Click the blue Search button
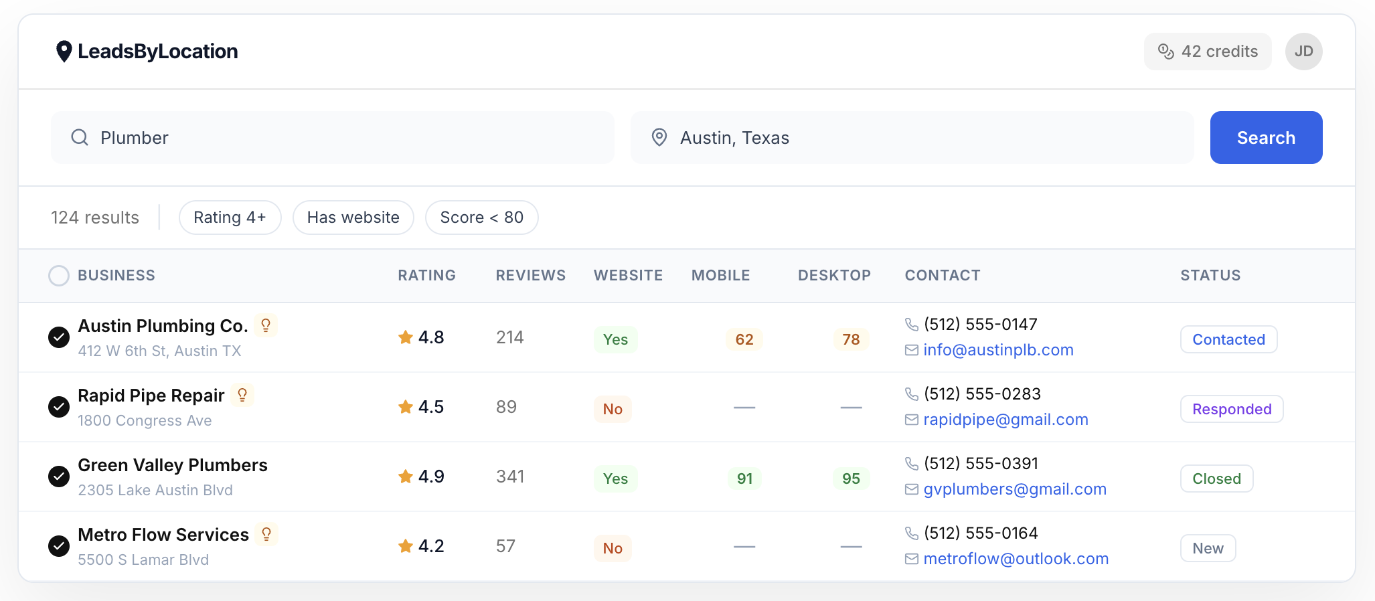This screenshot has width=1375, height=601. tap(1265, 137)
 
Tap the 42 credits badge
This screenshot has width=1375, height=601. tap(1207, 52)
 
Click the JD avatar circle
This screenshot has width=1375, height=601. tap(1303, 52)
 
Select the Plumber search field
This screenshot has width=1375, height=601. tap(333, 137)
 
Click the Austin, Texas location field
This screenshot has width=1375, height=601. tap(912, 137)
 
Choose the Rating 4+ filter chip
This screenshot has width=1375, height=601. tap(230, 218)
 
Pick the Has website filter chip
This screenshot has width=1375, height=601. tap(353, 218)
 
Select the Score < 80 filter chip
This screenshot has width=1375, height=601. tap(481, 218)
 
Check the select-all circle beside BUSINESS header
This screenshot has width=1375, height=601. tap(59, 276)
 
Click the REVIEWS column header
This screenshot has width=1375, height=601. tap(530, 276)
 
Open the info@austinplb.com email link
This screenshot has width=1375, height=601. tap(997, 350)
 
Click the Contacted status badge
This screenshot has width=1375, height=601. tap(1228, 339)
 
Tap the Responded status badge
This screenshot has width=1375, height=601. tap(1231, 409)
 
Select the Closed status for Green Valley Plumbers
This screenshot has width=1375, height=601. tap(1216, 479)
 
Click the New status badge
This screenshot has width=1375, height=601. tap(1207, 548)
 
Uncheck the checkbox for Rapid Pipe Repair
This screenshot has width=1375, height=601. tap(59, 407)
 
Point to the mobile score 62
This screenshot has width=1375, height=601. tap(744, 339)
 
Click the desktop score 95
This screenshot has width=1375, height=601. tap(851, 479)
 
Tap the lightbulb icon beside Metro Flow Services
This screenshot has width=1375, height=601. tap(266, 534)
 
